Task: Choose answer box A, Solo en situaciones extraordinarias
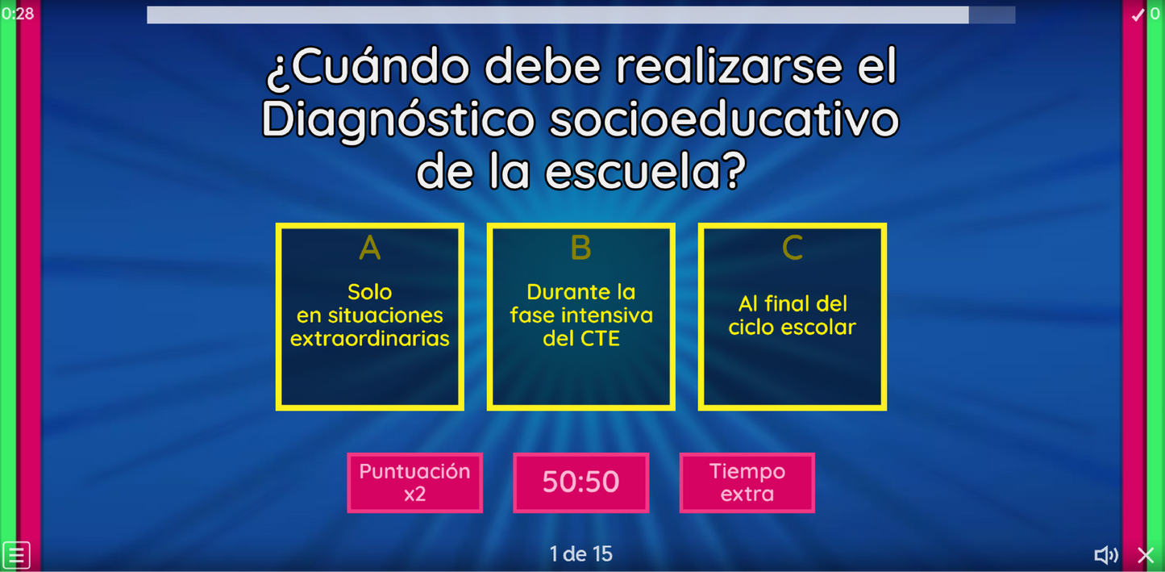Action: [369, 317]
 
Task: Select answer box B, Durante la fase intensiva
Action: [580, 317]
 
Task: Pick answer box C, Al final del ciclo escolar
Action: [792, 317]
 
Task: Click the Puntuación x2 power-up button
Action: [414, 482]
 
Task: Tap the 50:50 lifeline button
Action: [580, 482]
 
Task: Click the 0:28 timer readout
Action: [18, 14]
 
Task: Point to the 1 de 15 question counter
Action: [580, 554]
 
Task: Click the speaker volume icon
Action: [1105, 555]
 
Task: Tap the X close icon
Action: [1146, 555]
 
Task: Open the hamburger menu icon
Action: [16, 555]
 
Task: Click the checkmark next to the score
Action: [1138, 15]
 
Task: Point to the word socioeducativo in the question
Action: [723, 119]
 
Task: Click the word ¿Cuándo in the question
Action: [368, 68]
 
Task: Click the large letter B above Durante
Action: [580, 248]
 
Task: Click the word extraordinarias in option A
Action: [369, 339]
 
